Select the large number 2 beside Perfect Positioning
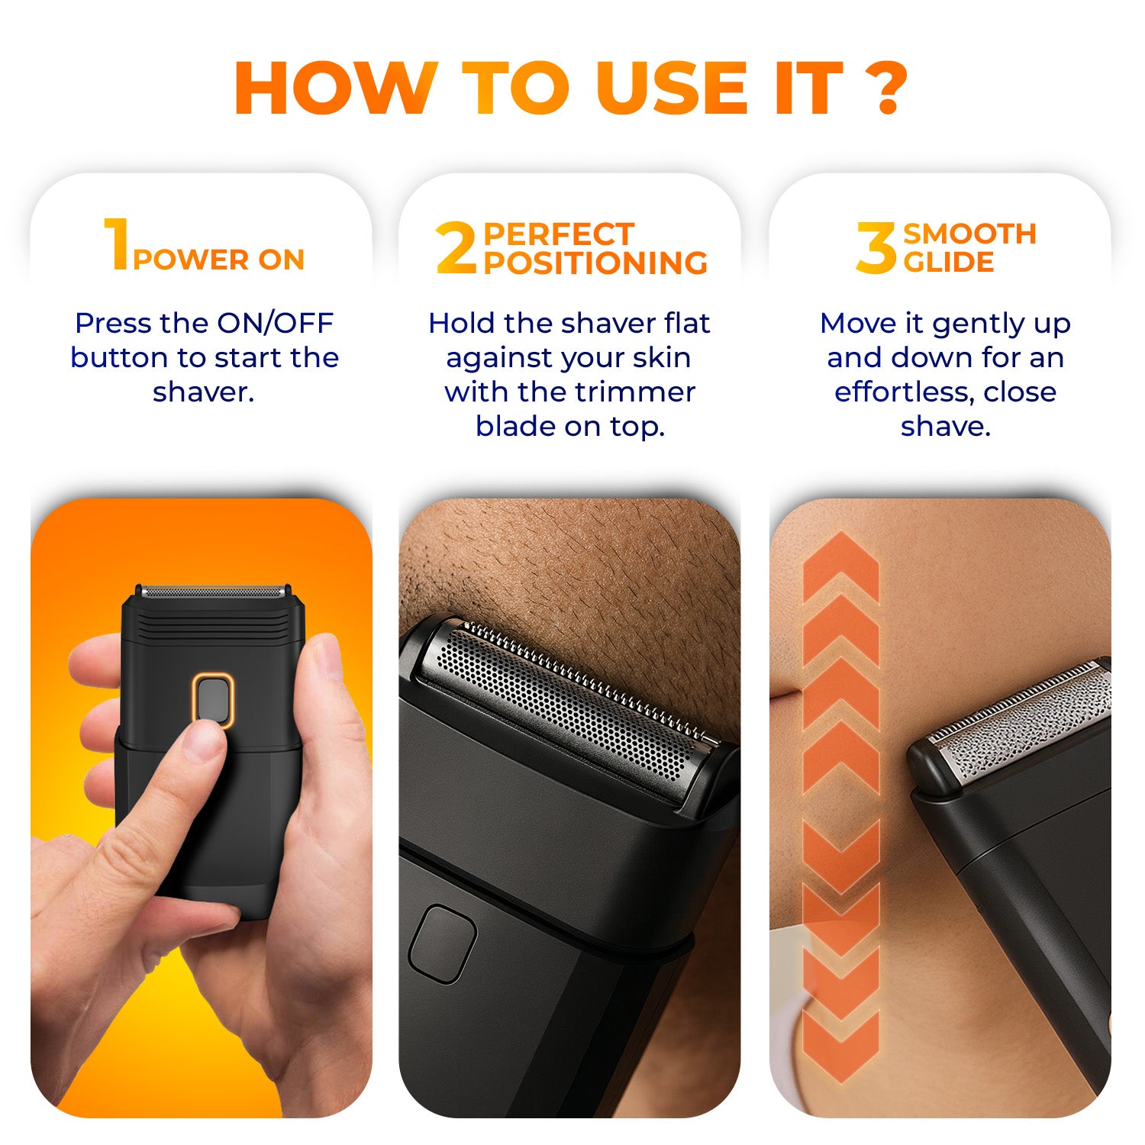(x=456, y=247)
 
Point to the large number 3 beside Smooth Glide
(x=876, y=247)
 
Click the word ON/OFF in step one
(x=276, y=323)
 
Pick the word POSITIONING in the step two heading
(x=595, y=263)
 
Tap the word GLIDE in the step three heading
(x=949, y=262)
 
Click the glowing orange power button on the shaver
(x=213, y=698)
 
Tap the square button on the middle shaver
(x=442, y=944)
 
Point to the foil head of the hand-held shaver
(x=213, y=592)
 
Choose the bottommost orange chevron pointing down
(x=841, y=1047)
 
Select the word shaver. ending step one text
(x=203, y=392)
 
